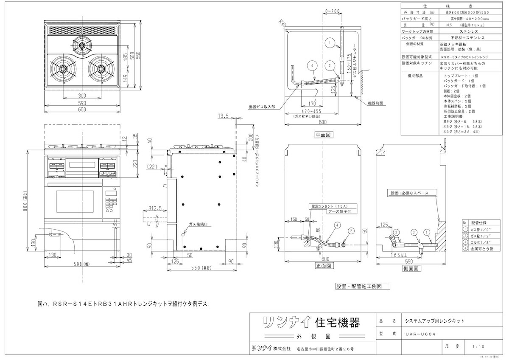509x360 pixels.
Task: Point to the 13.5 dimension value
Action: coord(224,115)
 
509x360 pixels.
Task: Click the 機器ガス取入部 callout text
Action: coord(261,107)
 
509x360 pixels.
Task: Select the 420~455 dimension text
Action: coord(309,111)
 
